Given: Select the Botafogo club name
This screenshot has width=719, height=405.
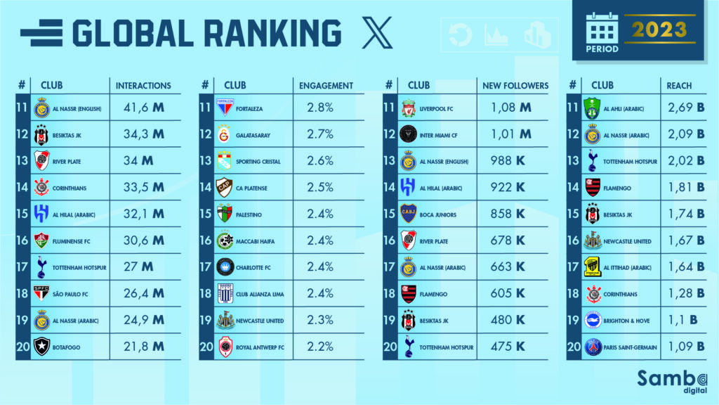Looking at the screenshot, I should pos(68,347).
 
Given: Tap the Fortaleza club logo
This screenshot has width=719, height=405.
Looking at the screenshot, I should pos(225,108).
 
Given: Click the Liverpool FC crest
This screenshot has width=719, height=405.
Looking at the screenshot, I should pos(409,108).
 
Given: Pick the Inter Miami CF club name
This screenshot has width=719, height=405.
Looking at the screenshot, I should pos(443,135).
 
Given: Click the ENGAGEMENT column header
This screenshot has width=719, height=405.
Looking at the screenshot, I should pos(326,86).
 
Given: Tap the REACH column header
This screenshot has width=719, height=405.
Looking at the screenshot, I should pos(679,86).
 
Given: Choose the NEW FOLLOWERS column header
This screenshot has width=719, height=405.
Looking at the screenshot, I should pos(515,86).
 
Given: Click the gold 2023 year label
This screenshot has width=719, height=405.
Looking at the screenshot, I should pos(658,30).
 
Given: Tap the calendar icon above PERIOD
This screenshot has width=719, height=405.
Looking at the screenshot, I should pos(602,28).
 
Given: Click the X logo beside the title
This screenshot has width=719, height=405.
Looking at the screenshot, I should pos(377,34).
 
